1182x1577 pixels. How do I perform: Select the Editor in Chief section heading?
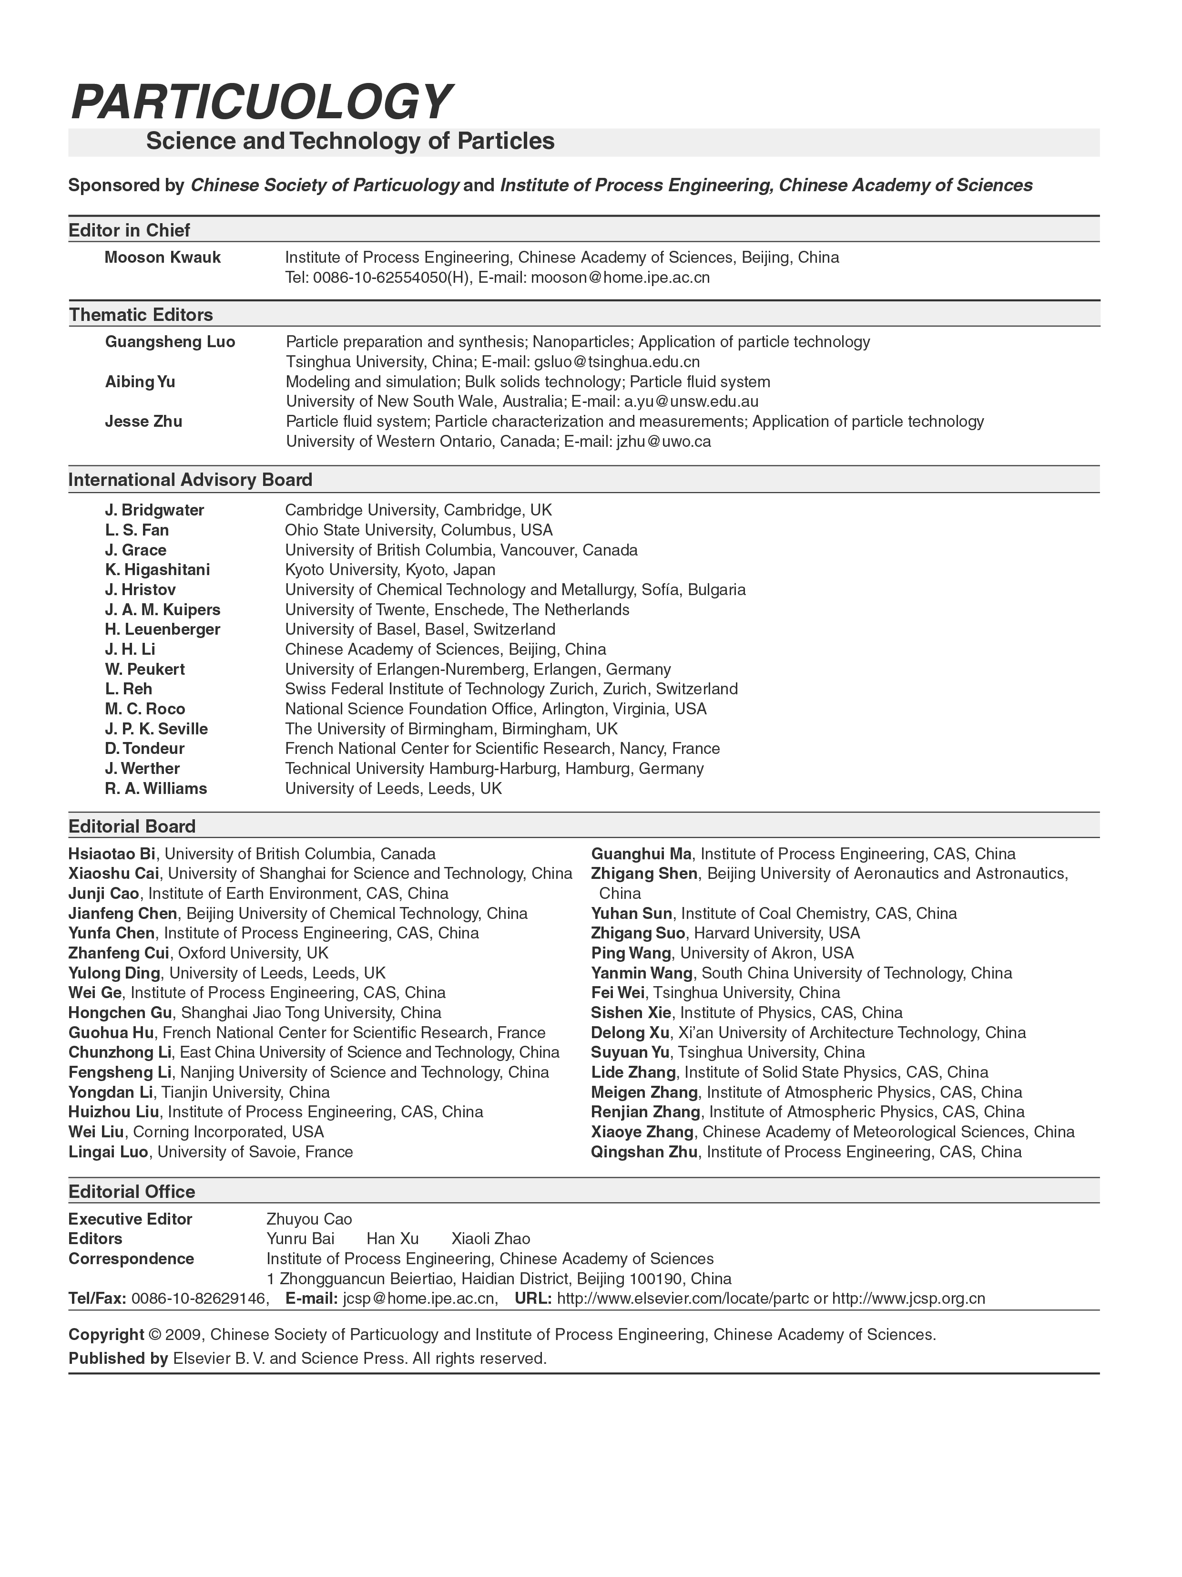click(129, 230)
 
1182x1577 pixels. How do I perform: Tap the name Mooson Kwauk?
click(163, 258)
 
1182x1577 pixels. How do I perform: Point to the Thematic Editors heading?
click(140, 314)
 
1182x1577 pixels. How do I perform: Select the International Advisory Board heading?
click(190, 480)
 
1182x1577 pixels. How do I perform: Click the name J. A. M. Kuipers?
click(163, 609)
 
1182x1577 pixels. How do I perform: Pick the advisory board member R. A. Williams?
click(155, 789)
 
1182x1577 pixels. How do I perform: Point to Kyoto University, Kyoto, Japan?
click(390, 570)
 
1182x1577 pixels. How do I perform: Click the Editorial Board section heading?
click(132, 826)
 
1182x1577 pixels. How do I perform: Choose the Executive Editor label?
click(131, 1219)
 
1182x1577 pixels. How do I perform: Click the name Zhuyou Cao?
click(309, 1219)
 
